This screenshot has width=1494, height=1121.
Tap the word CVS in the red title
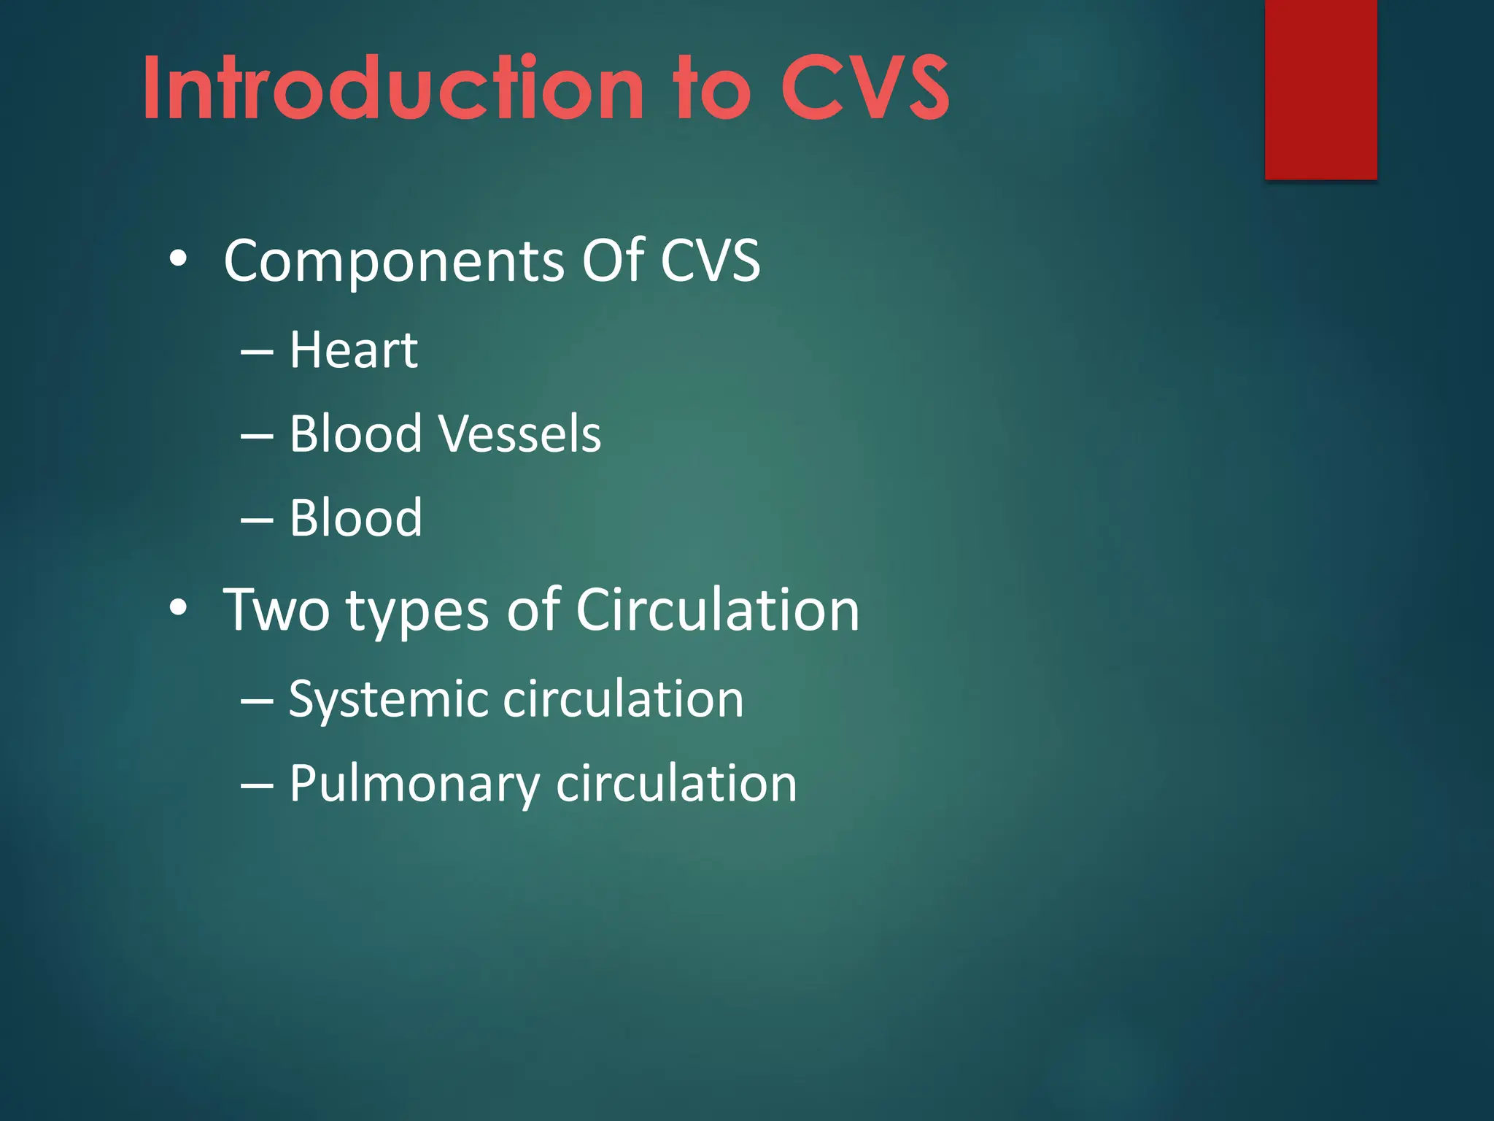pyautogui.click(x=864, y=89)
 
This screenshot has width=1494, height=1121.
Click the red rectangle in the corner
pyautogui.click(x=1320, y=89)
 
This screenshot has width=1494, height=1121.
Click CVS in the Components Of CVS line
pyautogui.click(x=710, y=261)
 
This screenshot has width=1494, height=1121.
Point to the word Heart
pyautogui.click(x=354, y=350)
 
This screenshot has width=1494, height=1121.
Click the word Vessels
pyautogui.click(x=519, y=434)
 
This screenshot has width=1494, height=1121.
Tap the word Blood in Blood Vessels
pyautogui.click(x=356, y=434)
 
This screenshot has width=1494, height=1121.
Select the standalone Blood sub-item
pyautogui.click(x=356, y=518)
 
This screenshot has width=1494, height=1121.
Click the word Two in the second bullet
pyautogui.click(x=276, y=610)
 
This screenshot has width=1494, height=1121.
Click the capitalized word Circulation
pyautogui.click(x=718, y=610)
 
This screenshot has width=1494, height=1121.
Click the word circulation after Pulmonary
pyautogui.click(x=676, y=784)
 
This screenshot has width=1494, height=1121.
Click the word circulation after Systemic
pyautogui.click(x=624, y=699)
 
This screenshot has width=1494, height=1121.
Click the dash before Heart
pyautogui.click(x=257, y=353)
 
